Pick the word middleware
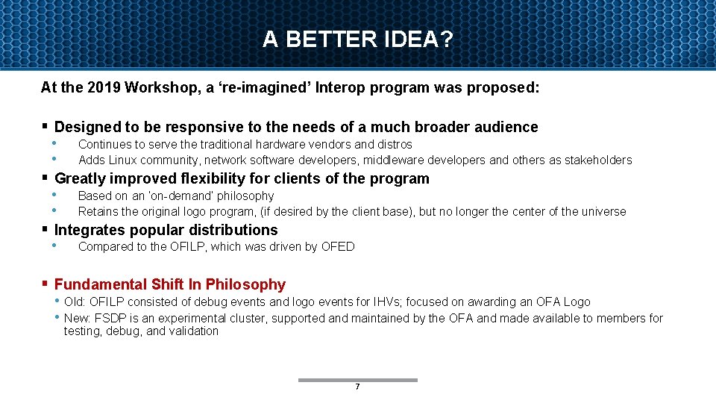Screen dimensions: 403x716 (x=396, y=160)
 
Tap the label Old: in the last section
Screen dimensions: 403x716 (x=75, y=302)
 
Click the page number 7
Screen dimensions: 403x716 (x=358, y=387)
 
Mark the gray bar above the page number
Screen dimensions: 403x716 (x=358, y=380)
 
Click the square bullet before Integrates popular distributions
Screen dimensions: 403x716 (x=45, y=229)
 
